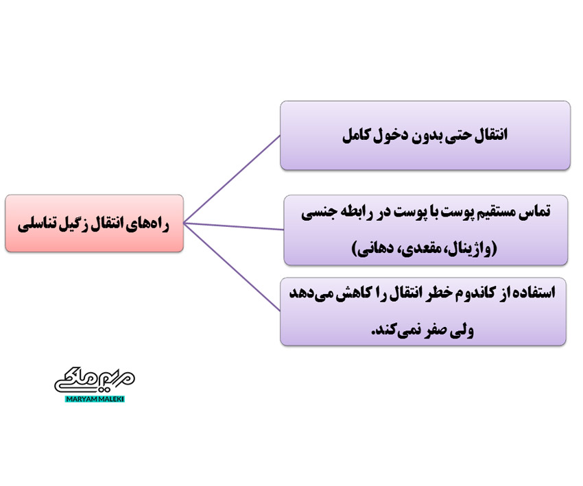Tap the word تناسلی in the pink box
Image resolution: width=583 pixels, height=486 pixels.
click(x=35, y=223)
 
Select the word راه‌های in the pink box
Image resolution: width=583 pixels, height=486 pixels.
click(x=145, y=223)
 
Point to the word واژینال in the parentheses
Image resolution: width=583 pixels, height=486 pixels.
click(x=473, y=248)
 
